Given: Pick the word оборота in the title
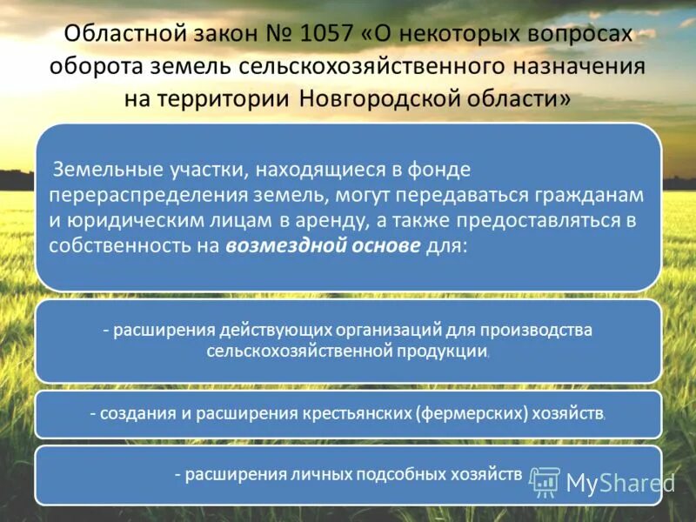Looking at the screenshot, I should point(97,66).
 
